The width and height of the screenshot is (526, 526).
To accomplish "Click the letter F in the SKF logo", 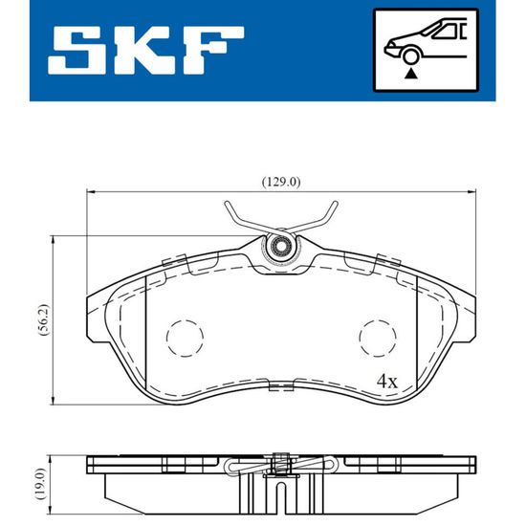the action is coord(212,50).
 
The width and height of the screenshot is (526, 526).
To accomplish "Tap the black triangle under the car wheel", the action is coord(411,74).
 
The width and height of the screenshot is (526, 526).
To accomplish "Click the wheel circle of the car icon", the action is coord(411,56).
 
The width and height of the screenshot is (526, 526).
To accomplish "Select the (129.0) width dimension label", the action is coord(281,182).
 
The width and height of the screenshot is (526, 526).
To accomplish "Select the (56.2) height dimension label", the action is coord(44,320).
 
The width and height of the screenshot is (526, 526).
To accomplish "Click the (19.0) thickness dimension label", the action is coord(41,484).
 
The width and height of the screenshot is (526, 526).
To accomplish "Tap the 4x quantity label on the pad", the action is coord(387,382).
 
